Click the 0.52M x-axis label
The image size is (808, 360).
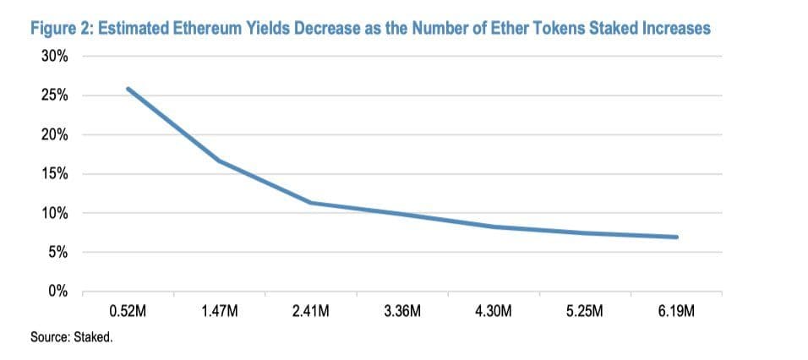click(x=128, y=311)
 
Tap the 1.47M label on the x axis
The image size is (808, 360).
click(x=220, y=311)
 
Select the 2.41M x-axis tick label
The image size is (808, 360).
click(x=310, y=311)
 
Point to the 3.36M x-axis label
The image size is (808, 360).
click(x=401, y=311)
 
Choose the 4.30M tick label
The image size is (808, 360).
click(x=493, y=311)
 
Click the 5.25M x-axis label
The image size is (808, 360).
click(x=584, y=311)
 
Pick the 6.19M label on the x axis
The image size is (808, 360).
click(x=676, y=311)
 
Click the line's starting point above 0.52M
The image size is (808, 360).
click(x=128, y=89)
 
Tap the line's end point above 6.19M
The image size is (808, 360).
click(x=676, y=237)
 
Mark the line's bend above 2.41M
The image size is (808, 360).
click(x=311, y=203)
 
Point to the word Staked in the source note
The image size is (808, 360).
click(x=96, y=337)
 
